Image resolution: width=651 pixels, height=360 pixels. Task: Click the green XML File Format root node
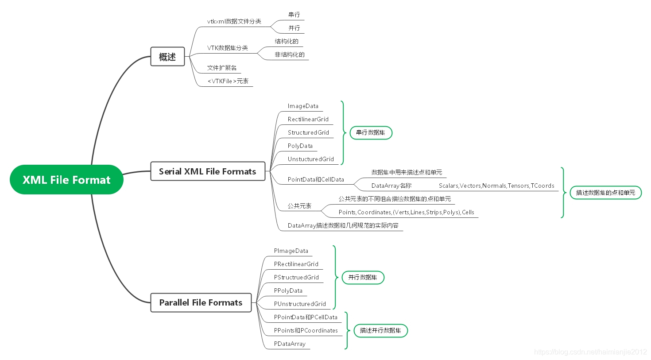pos(66,180)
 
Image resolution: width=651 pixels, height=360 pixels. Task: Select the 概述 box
pos(167,56)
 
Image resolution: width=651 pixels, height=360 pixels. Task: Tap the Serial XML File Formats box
pos(208,171)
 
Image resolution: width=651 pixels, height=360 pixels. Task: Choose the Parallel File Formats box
pos(201,302)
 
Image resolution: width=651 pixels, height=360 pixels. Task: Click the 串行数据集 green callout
pos(371,133)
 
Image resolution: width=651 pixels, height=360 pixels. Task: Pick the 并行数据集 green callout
pos(363,278)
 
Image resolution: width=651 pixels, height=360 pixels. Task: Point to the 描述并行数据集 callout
pos(381,331)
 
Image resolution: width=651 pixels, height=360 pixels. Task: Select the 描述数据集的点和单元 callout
pos(606,193)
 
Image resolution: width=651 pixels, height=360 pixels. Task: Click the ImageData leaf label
pos(303,106)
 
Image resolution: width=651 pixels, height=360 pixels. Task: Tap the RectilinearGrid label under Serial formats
pos(308,119)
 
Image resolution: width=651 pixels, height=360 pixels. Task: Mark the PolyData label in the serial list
pos(300,146)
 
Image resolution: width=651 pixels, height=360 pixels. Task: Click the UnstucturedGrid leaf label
pos(311,159)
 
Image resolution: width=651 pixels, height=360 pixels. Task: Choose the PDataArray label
pos(290,344)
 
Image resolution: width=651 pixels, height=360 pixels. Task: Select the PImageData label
pos(291,251)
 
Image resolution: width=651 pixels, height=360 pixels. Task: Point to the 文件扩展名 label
pos(222,68)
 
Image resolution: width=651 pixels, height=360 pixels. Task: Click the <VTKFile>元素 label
pos(228,81)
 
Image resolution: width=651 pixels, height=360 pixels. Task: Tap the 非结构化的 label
pos(290,54)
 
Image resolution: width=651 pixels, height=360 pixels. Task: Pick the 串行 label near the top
pos(294,15)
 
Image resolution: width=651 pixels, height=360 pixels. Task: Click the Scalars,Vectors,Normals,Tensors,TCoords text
pos(496,186)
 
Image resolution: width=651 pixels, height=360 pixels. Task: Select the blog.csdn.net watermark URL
pos(590,352)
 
